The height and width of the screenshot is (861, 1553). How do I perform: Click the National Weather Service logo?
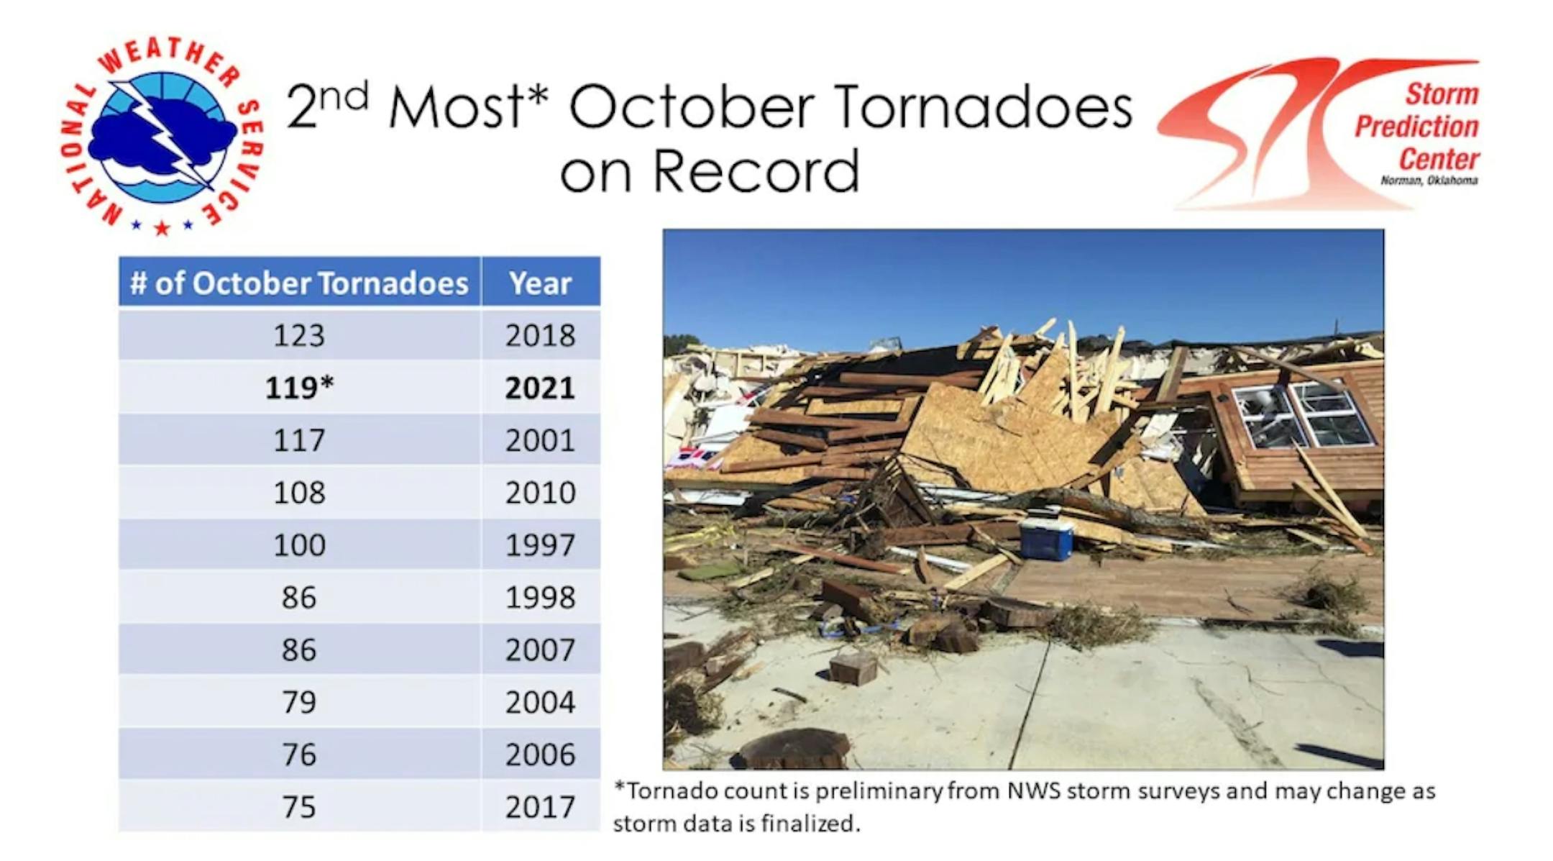coord(162,135)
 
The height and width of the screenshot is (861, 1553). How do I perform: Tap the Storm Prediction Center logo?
coord(1319,133)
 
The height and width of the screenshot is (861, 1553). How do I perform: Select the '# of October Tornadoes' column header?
coord(299,283)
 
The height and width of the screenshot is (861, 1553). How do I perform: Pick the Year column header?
coord(541,283)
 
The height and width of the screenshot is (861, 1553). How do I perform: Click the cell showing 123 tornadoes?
coord(299,335)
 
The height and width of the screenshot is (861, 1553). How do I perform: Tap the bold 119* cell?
coord(299,388)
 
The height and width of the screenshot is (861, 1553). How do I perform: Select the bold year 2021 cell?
coord(541,388)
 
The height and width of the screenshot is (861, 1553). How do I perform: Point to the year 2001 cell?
coord(541,440)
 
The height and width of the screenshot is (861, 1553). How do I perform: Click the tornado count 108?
coord(299,493)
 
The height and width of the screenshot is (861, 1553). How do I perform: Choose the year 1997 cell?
coord(541,545)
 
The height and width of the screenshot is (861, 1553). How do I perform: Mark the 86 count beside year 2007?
coord(299,650)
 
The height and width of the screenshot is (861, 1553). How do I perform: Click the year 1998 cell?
coord(541,597)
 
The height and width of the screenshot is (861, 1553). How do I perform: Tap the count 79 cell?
coord(299,702)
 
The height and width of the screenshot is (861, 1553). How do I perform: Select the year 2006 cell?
coord(541,755)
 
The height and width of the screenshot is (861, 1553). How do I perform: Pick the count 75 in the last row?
coord(299,807)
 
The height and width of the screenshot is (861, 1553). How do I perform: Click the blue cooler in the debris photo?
coord(1047,534)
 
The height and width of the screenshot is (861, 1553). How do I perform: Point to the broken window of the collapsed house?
coord(1302,416)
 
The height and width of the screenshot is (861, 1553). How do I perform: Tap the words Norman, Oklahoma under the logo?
coord(1429,181)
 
